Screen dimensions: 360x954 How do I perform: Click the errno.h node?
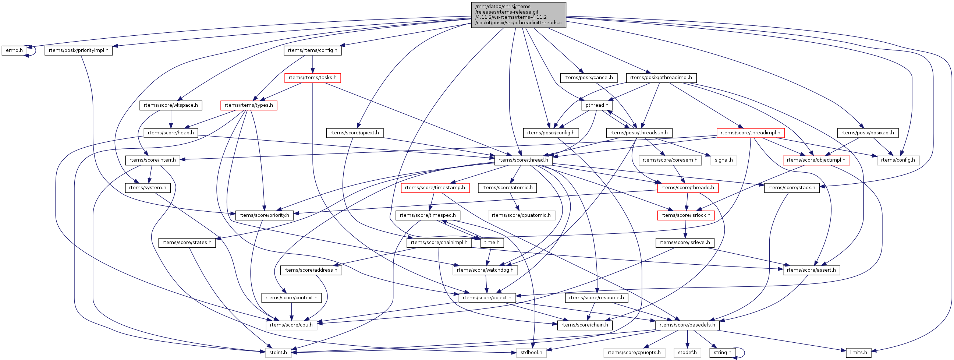tap(14, 50)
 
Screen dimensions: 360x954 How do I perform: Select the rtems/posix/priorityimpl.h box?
tap(78, 50)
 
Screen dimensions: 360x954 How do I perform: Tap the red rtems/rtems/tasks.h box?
tap(312, 78)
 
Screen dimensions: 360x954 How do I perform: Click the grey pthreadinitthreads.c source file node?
tap(518, 15)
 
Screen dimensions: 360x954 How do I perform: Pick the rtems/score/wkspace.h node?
tap(171, 105)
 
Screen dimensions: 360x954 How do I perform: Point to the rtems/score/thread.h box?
tap(523, 160)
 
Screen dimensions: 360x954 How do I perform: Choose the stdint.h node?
tap(278, 352)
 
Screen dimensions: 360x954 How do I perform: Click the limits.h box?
tap(858, 352)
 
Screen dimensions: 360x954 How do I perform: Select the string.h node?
tap(722, 352)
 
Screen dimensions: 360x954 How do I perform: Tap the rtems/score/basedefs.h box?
tap(687, 325)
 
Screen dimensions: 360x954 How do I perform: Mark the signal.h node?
tap(723, 160)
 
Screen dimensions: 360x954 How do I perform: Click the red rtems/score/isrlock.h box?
tap(685, 215)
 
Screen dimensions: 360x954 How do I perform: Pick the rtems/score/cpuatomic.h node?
tap(521, 215)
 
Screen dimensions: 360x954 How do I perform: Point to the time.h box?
tap(492, 243)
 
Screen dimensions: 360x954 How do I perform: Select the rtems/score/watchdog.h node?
tap(485, 270)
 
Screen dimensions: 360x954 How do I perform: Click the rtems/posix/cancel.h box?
tap(588, 78)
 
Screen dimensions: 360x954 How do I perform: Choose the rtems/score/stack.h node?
tap(791, 188)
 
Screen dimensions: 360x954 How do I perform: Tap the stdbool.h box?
tap(531, 352)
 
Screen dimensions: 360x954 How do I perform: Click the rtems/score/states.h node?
tap(187, 243)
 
